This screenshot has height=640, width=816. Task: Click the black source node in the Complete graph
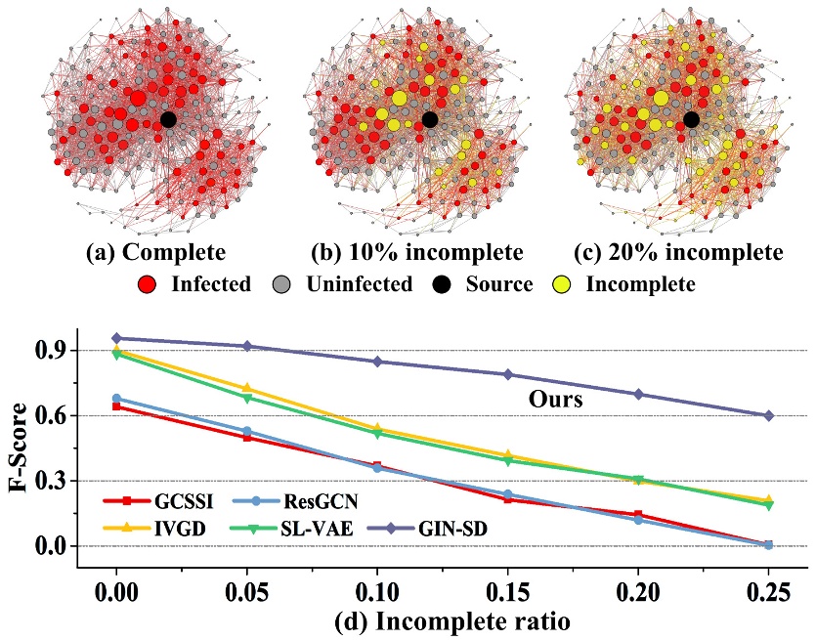click(168, 119)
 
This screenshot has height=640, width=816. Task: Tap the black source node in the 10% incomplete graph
click(430, 119)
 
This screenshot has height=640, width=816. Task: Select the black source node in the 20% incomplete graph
click(691, 119)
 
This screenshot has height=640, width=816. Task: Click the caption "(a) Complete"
click(156, 253)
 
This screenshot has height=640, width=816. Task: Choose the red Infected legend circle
click(149, 284)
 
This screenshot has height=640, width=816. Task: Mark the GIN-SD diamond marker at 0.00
click(116, 338)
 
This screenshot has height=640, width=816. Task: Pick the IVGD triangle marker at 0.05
click(247, 389)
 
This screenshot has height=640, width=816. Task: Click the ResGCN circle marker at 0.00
click(116, 399)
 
